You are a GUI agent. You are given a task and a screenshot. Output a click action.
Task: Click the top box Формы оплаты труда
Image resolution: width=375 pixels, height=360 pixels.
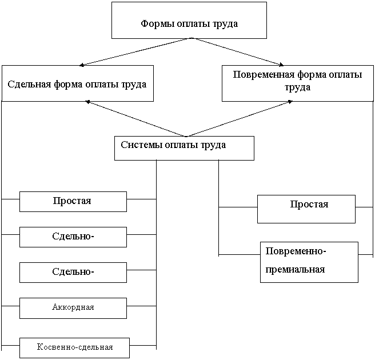click(x=189, y=21)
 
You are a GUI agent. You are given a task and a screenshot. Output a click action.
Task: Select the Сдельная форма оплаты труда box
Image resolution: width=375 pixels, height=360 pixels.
click(x=77, y=83)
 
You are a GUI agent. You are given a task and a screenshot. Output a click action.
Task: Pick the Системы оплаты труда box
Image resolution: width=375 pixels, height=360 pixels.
click(x=183, y=147)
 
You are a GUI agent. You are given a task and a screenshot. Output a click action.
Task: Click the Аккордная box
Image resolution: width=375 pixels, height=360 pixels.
click(x=73, y=307)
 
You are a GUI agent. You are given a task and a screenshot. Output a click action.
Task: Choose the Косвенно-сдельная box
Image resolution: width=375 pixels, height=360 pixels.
click(x=74, y=347)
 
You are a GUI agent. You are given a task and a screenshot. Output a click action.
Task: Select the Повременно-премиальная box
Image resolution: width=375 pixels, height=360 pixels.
click(x=309, y=262)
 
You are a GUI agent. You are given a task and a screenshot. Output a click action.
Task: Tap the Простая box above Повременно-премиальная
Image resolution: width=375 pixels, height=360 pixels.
click(x=306, y=209)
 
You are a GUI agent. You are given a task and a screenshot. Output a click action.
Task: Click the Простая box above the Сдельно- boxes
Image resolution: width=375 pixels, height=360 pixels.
click(x=73, y=201)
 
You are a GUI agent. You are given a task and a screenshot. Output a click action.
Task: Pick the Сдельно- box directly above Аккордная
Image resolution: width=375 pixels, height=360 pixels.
click(x=73, y=272)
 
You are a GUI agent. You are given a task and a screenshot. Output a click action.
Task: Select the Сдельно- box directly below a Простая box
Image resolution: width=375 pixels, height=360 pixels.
click(x=73, y=237)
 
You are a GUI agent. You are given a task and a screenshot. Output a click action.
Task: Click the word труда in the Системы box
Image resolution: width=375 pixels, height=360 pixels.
click(x=212, y=145)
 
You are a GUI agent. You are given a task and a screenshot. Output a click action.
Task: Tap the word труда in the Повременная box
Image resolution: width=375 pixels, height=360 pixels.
click(x=297, y=88)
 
